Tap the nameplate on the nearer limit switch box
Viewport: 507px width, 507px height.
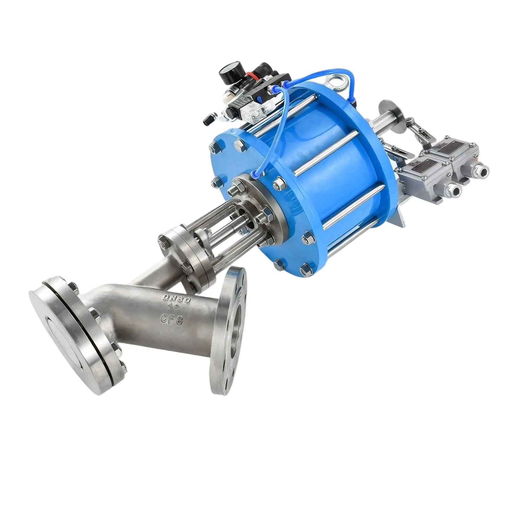(x=426, y=165)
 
